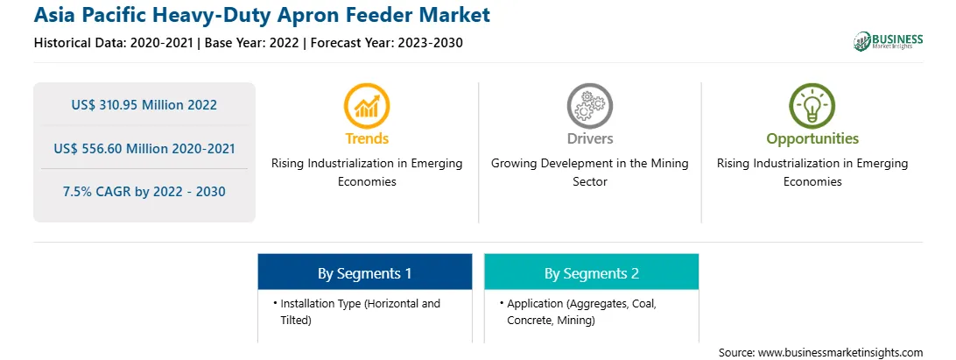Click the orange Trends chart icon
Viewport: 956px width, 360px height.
(367, 106)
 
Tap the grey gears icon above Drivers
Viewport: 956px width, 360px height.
(589, 106)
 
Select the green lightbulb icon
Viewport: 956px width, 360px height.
(812, 106)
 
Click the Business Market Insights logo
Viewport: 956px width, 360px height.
(889, 41)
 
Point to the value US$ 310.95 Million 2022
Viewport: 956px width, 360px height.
(144, 105)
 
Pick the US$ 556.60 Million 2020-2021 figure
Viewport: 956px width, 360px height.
(144, 148)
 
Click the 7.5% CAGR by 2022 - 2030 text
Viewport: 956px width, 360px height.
(144, 192)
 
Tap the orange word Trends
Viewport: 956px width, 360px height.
(367, 138)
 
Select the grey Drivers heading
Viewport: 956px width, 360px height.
(590, 138)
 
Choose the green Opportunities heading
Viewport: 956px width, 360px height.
(812, 139)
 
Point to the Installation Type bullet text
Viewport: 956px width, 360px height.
(361, 312)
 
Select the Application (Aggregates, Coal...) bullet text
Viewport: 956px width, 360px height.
(581, 312)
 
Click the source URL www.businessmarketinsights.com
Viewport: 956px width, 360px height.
(840, 353)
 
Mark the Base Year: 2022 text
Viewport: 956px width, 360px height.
(252, 43)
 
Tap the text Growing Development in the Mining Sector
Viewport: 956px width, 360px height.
(590, 173)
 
